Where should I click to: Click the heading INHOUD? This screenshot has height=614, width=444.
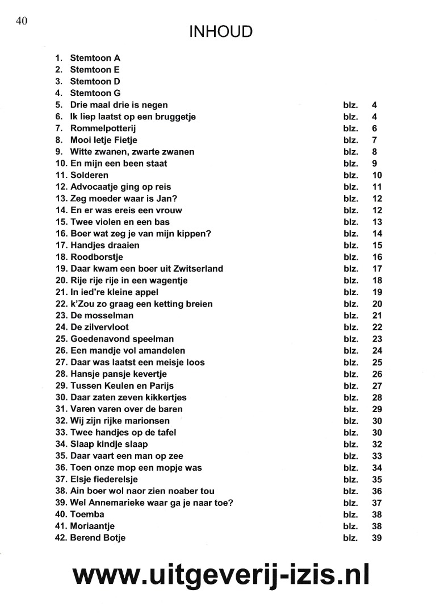pyautogui.click(x=221, y=32)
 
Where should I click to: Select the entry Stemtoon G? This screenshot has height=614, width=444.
pyautogui.click(x=95, y=93)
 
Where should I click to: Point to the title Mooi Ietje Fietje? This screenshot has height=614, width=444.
pyautogui.click(x=103, y=140)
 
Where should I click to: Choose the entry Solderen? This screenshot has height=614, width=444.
pyautogui.click(x=89, y=175)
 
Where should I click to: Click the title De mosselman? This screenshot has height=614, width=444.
pyautogui.click(x=102, y=316)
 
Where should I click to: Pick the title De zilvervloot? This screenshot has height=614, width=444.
pyautogui.click(x=99, y=327)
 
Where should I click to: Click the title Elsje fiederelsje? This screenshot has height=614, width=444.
pyautogui.click(x=104, y=479)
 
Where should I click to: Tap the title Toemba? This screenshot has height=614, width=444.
pyautogui.click(x=87, y=515)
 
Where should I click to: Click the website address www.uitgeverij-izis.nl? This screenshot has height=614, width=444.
pyautogui.click(x=221, y=574)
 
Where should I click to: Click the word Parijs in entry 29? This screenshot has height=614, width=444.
pyautogui.click(x=161, y=386)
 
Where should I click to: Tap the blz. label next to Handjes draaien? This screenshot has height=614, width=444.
pyautogui.click(x=351, y=246)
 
